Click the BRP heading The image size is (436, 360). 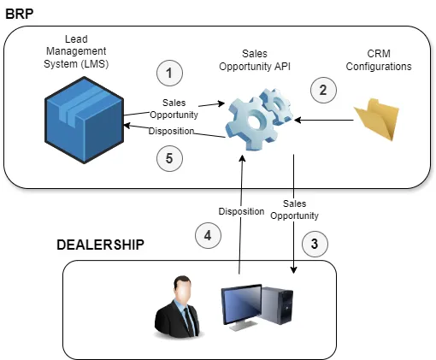click(x=20, y=14)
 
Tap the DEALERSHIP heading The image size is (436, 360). click(x=100, y=245)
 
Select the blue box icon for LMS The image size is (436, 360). click(x=84, y=120)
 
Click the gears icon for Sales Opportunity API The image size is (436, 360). click(x=259, y=119)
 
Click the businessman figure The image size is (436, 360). click(x=177, y=307)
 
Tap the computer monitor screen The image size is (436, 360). click(x=242, y=304)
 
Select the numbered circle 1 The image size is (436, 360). click(x=169, y=73)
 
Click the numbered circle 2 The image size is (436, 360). click(x=323, y=90)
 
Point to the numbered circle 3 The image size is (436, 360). click(x=315, y=244)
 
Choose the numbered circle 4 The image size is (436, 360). click(x=208, y=235)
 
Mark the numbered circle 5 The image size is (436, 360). click(x=169, y=158)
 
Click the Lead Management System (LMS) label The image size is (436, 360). click(x=76, y=51)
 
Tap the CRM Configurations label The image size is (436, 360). click(x=379, y=60)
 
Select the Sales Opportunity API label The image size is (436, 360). click(x=255, y=60)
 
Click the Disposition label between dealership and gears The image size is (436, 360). click(x=241, y=211)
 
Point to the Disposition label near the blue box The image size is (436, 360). click(x=171, y=131)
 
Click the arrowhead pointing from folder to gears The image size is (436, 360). click(x=298, y=120)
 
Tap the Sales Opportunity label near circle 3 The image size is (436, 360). click(x=294, y=210)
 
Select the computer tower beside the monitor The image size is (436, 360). click(x=277, y=305)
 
